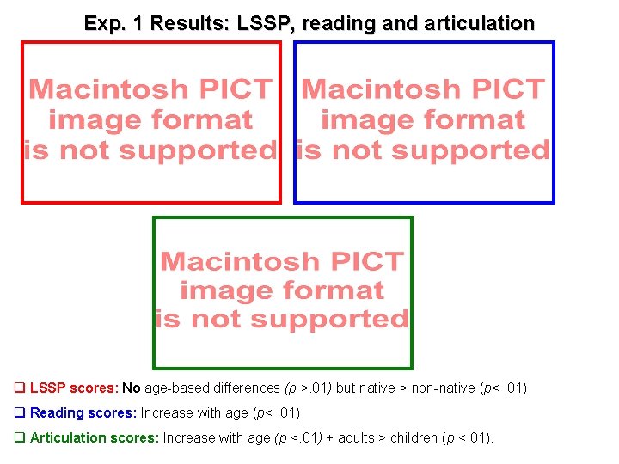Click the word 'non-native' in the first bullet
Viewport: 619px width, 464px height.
point(444,388)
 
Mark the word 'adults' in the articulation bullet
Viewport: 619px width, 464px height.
point(353,438)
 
